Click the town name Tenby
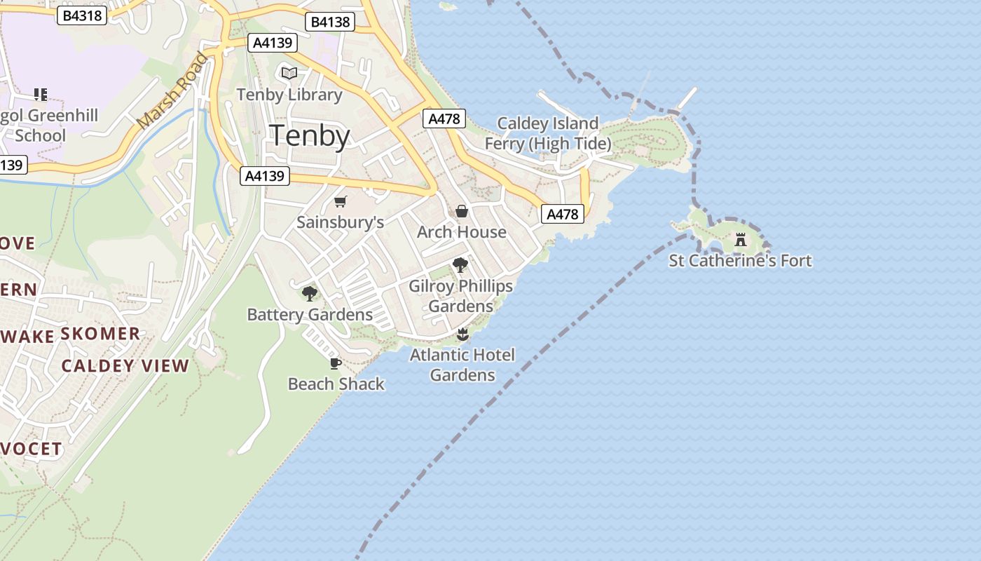[x=310, y=135]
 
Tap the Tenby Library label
[x=289, y=95]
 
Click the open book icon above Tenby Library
[x=289, y=73]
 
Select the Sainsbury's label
[x=340, y=222]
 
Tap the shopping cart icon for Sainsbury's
[x=341, y=202]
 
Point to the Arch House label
[x=461, y=232]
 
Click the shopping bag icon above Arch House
[x=462, y=211]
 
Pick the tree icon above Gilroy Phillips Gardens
[x=460, y=265]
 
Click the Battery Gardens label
[x=310, y=315]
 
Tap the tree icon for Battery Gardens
[x=309, y=294]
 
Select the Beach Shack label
[x=336, y=384]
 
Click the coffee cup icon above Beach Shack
[x=335, y=363]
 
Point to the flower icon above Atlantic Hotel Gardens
[x=462, y=334]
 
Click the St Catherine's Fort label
[x=740, y=261]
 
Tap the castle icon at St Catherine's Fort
[x=741, y=240]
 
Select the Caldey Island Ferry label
[x=547, y=134]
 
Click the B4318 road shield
[x=82, y=15]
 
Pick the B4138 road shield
[x=330, y=22]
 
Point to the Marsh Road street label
[x=172, y=91]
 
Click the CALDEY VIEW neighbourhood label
[x=125, y=365]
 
